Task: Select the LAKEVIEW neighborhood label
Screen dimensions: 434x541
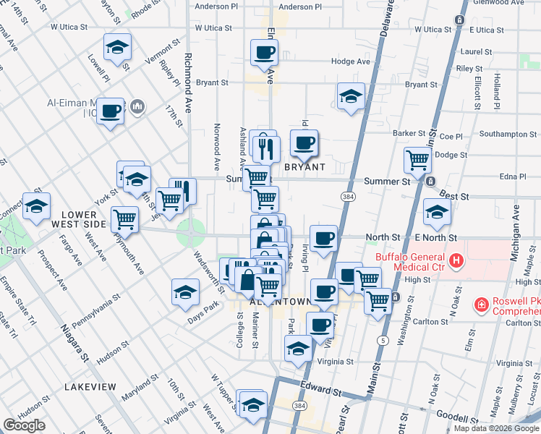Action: [x=90, y=387]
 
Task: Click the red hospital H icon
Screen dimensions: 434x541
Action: [x=456, y=260]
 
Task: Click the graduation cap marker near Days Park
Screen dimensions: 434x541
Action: [x=185, y=292]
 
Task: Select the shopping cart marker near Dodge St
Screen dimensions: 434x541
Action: [x=417, y=160]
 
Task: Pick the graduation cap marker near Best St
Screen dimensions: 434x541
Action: [x=437, y=213]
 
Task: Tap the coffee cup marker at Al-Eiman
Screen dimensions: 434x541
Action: [x=110, y=111]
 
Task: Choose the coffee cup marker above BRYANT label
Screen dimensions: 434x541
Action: [x=304, y=143]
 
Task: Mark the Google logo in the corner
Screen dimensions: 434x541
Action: [x=24, y=425]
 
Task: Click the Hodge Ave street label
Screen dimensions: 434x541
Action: [x=351, y=61]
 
